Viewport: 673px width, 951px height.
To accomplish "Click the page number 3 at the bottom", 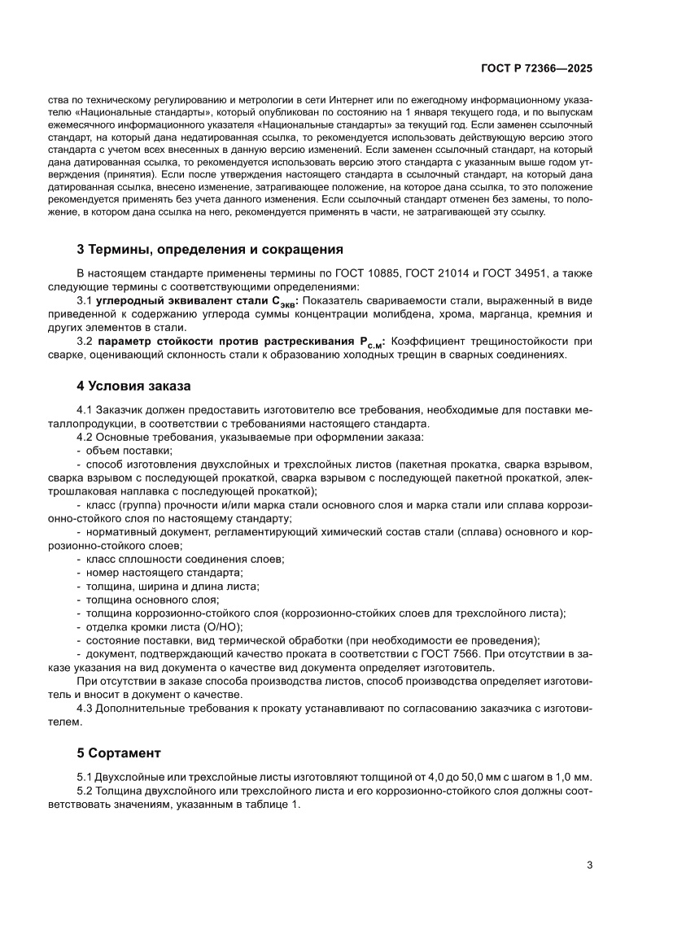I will (589, 865).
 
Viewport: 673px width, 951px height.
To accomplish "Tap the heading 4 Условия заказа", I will (133, 386).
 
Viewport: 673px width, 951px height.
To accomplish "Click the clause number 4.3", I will (85, 708).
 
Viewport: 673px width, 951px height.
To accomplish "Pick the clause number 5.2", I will (85, 791).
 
